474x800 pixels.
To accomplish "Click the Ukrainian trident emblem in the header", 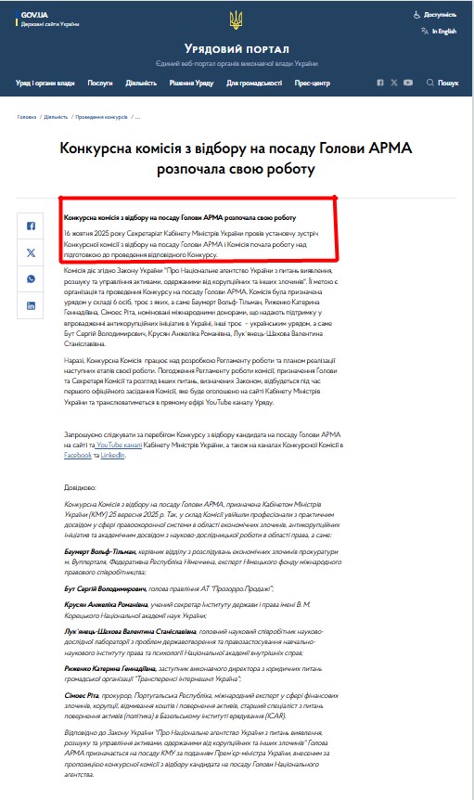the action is tap(237, 19).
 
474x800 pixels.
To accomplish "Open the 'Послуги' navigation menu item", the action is tap(100, 83).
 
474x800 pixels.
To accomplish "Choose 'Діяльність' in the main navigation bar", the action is tap(141, 83).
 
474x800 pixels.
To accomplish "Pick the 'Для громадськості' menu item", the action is tap(254, 83).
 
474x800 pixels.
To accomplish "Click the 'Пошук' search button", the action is tap(442, 83).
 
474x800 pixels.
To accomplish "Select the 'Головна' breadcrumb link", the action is tap(27, 117).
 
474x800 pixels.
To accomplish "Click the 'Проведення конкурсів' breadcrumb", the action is tap(101, 117).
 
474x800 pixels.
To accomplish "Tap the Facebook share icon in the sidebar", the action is tap(32, 226).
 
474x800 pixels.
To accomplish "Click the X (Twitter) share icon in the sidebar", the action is tap(32, 252).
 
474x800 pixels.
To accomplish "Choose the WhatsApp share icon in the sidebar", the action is tap(32, 278).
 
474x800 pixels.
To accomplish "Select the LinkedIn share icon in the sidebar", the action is tap(32, 304).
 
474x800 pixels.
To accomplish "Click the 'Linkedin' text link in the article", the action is tap(112, 456).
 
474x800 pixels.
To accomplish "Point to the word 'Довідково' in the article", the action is tap(80, 486).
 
